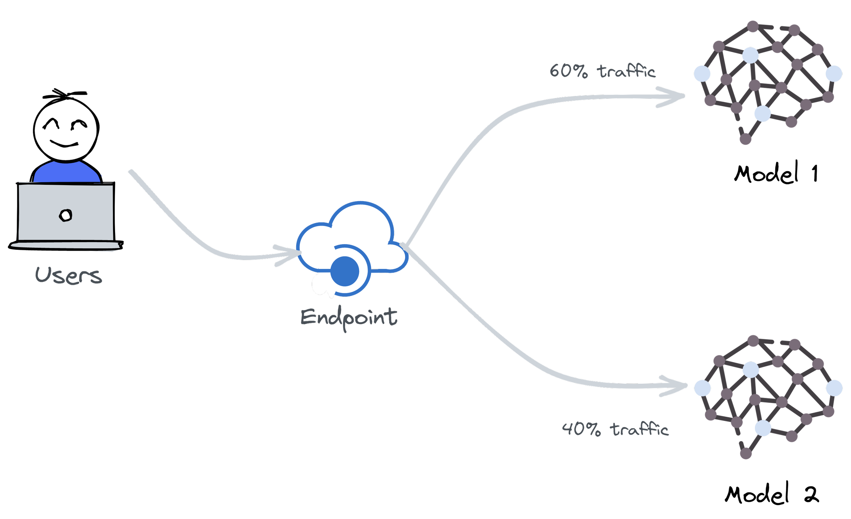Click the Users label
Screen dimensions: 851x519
(x=68, y=276)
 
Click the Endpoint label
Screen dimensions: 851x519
(x=349, y=317)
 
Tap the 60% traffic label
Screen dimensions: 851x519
(x=602, y=71)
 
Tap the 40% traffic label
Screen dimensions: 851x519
(x=615, y=429)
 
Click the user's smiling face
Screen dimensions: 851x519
(x=66, y=130)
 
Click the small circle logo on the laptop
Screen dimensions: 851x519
(x=65, y=215)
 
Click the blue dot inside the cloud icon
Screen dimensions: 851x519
(x=344, y=271)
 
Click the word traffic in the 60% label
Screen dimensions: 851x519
(x=626, y=71)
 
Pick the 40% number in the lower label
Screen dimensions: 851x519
(x=581, y=429)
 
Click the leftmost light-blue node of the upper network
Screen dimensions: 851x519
(x=702, y=74)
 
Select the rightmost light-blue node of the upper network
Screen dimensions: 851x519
(x=834, y=74)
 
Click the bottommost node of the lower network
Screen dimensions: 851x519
(x=746, y=453)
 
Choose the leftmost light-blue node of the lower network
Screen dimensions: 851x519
(x=703, y=388)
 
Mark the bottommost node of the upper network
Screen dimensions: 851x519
(x=745, y=139)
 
